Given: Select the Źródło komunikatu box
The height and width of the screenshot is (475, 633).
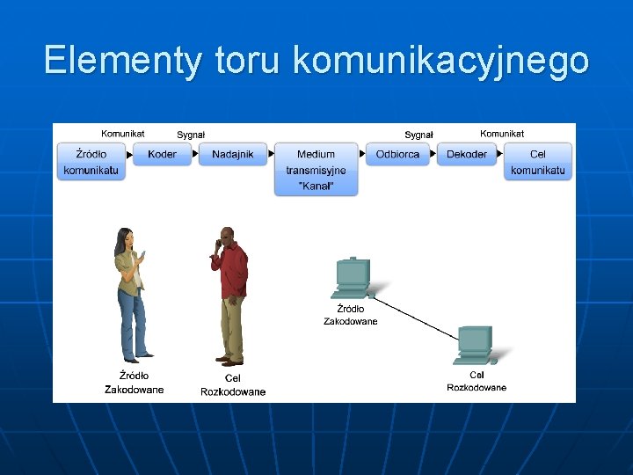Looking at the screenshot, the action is [x=91, y=162].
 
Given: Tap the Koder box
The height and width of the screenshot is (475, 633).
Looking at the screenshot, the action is [x=162, y=154].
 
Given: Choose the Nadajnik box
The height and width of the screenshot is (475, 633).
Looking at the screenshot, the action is [x=232, y=154].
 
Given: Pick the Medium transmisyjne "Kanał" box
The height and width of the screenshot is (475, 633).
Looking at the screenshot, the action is [x=316, y=170].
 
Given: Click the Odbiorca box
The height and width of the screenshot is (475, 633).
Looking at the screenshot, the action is [x=397, y=154].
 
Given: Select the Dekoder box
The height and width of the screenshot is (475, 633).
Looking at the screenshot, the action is [x=467, y=154].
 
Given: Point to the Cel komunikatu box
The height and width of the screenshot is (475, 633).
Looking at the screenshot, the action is [x=537, y=162].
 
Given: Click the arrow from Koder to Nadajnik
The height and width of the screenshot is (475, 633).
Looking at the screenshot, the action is [x=194, y=154].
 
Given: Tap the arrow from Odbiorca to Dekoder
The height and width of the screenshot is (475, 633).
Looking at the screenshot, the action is [x=433, y=154].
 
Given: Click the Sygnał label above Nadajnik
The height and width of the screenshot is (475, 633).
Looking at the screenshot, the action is [x=191, y=135].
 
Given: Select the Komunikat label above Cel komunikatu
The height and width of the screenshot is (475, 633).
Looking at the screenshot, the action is [x=502, y=134].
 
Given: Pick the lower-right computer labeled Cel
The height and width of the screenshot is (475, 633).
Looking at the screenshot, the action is [x=475, y=346].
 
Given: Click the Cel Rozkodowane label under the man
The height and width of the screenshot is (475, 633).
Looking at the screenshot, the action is [x=233, y=385].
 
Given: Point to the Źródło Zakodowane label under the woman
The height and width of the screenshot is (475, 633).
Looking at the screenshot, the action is [x=134, y=383].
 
